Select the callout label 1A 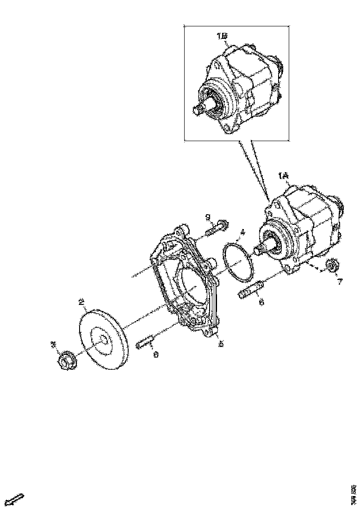click(283, 176)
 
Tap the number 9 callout click(208, 217)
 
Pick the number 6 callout click(261, 302)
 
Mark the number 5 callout click(221, 344)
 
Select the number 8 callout click(155, 354)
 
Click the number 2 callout click(81, 302)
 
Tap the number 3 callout click(54, 345)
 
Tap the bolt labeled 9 click(217, 229)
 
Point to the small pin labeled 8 click(144, 344)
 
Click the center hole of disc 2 click(103, 341)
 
